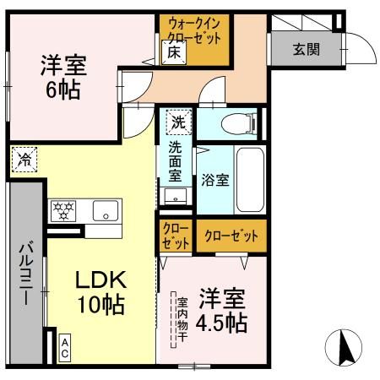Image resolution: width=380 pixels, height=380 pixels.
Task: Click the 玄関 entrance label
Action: point(307,48)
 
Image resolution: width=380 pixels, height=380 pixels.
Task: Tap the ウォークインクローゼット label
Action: point(195,31)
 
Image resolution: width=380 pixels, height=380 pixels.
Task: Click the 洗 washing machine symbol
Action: point(177,121)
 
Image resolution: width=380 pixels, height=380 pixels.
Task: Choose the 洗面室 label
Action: point(176,161)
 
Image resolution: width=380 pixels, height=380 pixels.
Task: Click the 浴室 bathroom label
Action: point(214,180)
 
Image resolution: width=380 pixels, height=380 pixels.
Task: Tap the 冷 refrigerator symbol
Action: point(24,159)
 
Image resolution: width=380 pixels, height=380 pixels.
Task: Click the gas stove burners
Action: point(63,211)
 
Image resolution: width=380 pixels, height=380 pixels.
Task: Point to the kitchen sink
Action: point(106,211)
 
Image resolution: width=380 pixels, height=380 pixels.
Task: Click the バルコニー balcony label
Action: point(26,275)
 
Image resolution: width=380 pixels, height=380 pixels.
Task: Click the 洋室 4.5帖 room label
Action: point(222,311)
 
